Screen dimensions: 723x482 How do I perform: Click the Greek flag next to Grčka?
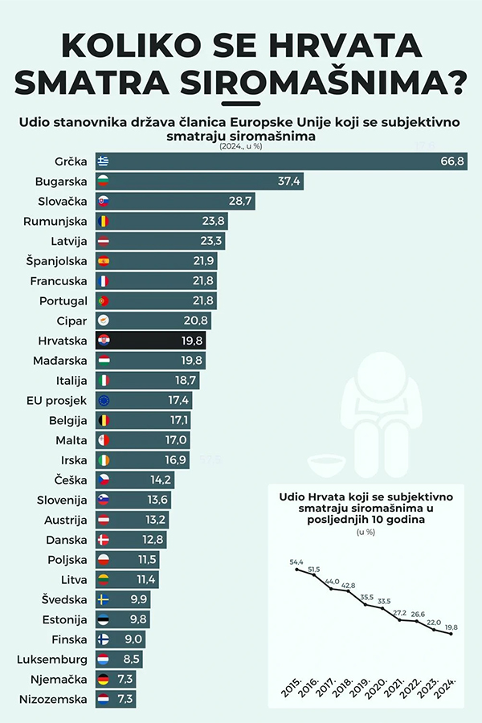103,161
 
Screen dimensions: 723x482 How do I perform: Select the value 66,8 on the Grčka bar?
453,161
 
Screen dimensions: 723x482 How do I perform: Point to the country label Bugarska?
61,182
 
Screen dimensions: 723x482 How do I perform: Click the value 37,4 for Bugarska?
289,182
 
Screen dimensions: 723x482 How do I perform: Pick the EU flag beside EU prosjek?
103,400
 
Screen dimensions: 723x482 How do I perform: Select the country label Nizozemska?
52,700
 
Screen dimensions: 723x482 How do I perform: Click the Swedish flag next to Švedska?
103,599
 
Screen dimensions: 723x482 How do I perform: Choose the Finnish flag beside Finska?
103,639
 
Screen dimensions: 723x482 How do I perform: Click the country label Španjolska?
57,261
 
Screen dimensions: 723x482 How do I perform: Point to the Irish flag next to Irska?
103,460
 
